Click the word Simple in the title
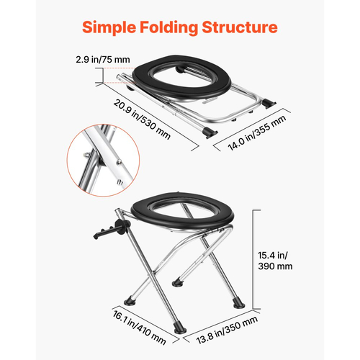pyautogui.click(x=109, y=28)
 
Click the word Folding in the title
pyautogui.click(x=168, y=28)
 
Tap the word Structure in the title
pyautogui.click(x=240, y=27)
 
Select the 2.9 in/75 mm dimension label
pyautogui.click(x=103, y=60)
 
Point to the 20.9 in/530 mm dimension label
pyautogui.click(x=142, y=120)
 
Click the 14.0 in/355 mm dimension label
pyautogui.click(x=257, y=132)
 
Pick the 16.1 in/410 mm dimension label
pyautogui.click(x=139, y=328)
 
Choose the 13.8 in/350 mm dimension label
pyautogui.click(x=227, y=330)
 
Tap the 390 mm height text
pyautogui.click(x=275, y=266)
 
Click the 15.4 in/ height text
pyautogui.click(x=273, y=256)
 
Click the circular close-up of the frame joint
pyautogui.click(x=103, y=161)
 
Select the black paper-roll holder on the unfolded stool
pyautogui.click(x=112, y=229)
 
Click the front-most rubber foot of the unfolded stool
pyautogui.click(x=180, y=329)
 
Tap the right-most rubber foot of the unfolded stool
pyautogui.click(x=239, y=304)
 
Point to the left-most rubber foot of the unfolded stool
pyautogui.click(x=130, y=301)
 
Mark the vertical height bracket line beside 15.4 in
pyautogui.click(x=253, y=259)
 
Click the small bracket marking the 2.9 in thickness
pyautogui.click(x=103, y=76)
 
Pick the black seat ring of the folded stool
pyautogui.click(x=181, y=76)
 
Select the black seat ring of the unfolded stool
pyautogui.click(x=182, y=211)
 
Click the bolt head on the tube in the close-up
pyautogui.click(x=119, y=163)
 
